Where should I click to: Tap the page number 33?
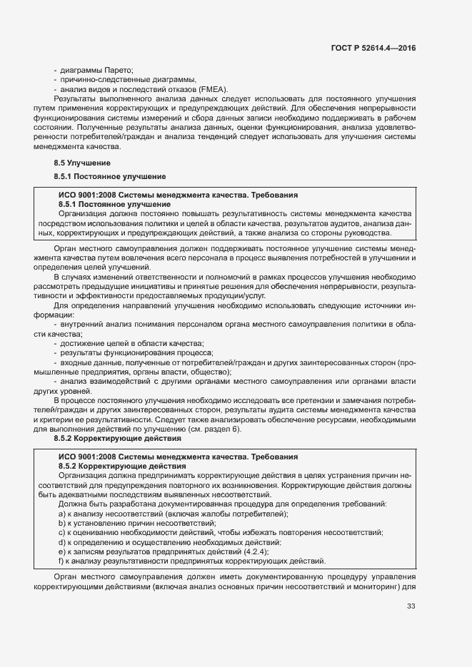pos(410,606)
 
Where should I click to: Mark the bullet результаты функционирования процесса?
pos(136,352)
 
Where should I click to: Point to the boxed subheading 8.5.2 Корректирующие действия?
pos(121,466)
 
